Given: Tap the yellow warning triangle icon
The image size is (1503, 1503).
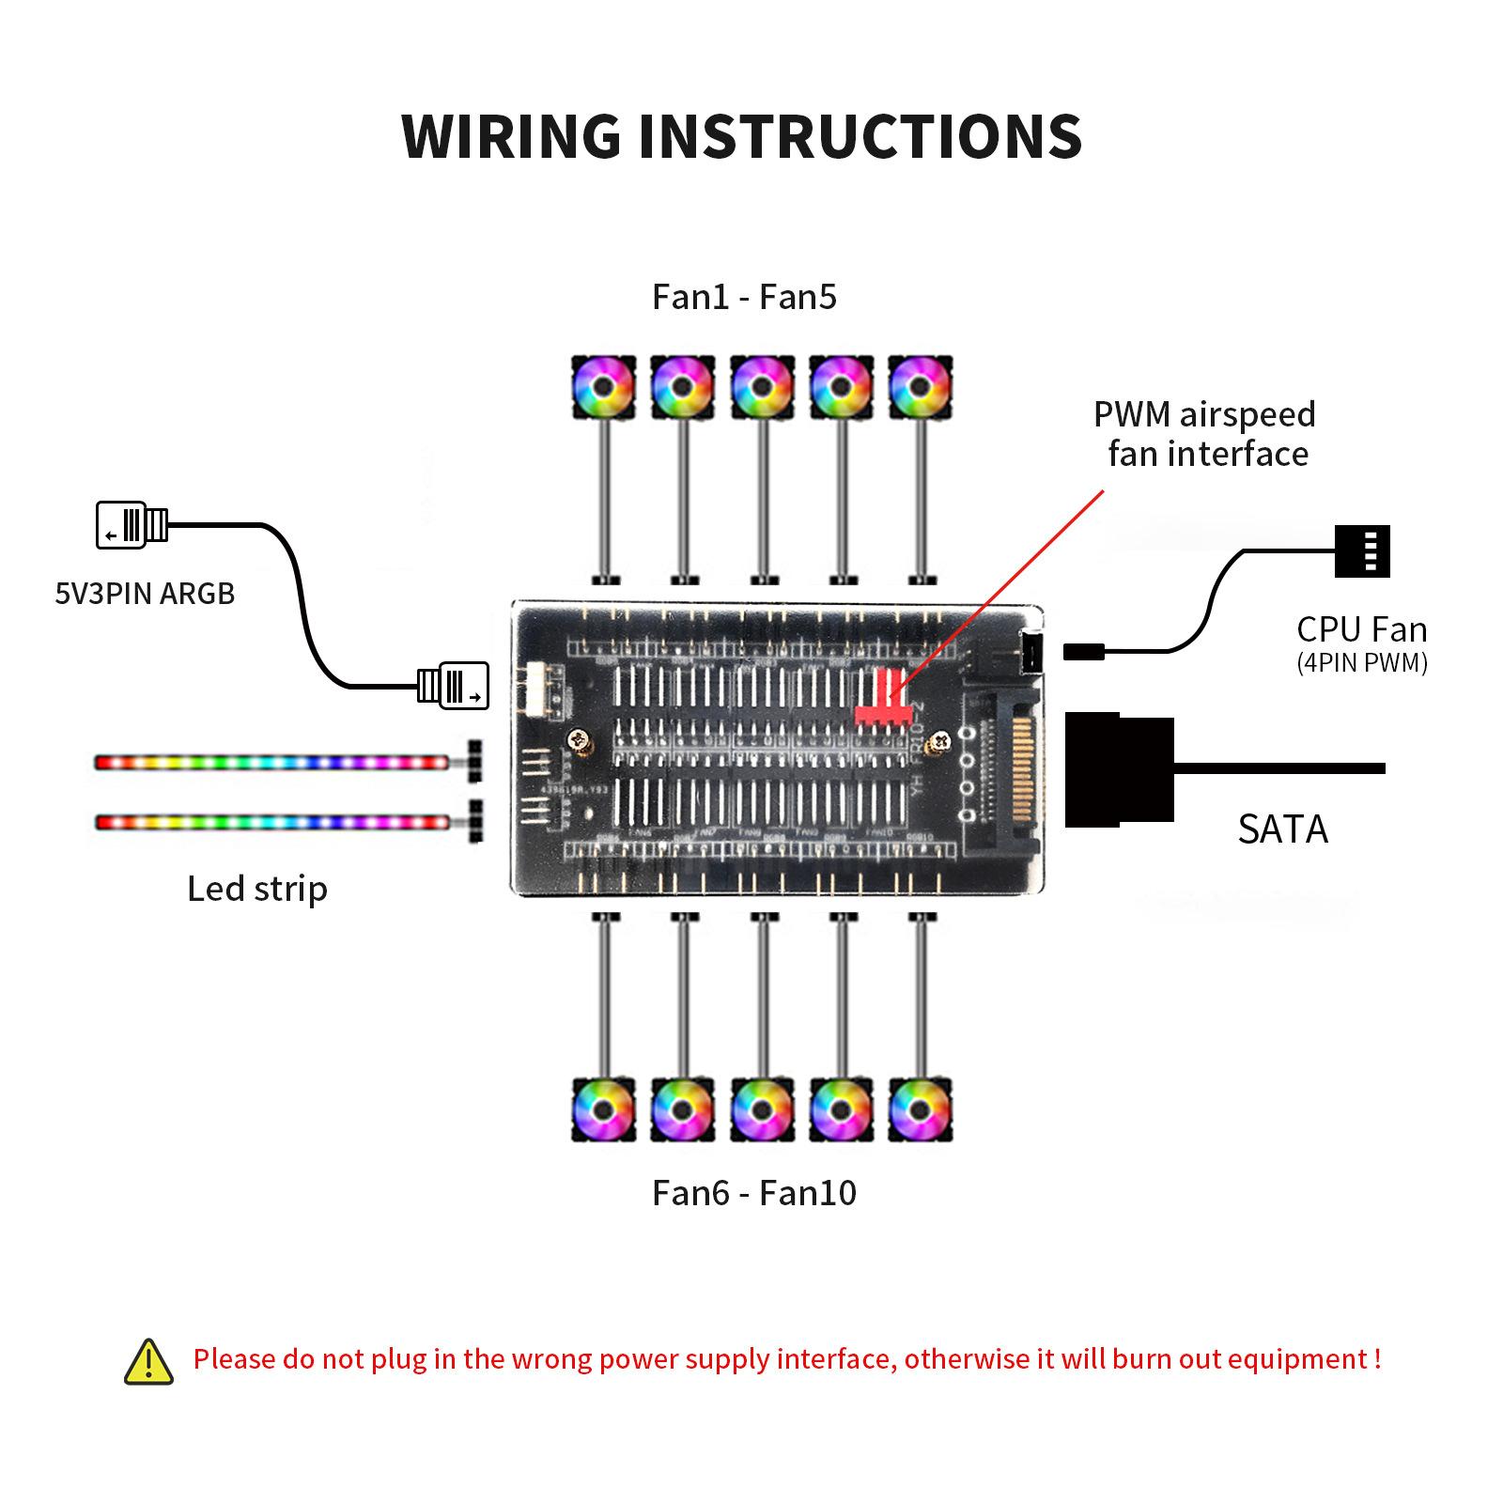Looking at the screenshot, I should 148,1361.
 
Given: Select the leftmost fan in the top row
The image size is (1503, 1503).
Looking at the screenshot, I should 603,387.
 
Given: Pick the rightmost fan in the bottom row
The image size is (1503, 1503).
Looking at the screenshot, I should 921,1109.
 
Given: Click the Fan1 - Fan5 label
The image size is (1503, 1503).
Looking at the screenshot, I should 744,297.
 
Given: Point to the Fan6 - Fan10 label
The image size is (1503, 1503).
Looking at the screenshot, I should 753,1193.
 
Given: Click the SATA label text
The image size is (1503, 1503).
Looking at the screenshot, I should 1282,829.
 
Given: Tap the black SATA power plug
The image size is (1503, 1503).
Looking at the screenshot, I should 1119,769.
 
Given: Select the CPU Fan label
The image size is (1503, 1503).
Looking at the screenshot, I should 1361,629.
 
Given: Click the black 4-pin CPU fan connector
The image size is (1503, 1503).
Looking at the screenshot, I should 1362,550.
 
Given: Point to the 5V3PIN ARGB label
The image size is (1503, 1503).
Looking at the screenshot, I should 145,594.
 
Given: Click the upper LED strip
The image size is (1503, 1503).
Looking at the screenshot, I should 271,762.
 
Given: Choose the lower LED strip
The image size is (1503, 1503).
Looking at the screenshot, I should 271,823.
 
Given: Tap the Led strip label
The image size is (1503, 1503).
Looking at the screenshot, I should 256,889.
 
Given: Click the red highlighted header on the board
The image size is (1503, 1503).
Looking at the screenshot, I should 883,703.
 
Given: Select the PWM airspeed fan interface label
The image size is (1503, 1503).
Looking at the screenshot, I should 1205,434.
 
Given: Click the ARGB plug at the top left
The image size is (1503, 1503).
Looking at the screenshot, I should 132,525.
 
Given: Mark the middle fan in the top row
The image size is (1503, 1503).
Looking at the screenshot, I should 762,387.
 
